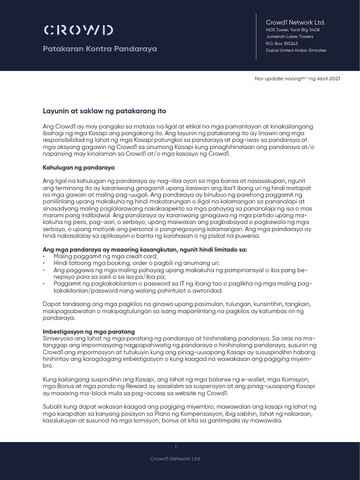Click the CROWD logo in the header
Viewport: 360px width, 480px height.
point(78,30)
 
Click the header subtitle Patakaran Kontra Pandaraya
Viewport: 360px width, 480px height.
point(100,49)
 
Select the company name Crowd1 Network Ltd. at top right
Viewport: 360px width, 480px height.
point(295,22)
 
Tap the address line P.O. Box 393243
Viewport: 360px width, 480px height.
point(282,43)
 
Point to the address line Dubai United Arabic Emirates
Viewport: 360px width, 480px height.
point(296,50)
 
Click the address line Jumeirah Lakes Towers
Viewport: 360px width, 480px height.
point(290,37)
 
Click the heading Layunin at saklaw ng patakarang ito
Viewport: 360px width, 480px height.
point(105,111)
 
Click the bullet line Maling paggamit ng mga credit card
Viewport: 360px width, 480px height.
point(105,256)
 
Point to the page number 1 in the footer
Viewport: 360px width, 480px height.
point(175,447)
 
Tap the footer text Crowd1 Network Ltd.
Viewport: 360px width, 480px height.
point(175,458)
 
